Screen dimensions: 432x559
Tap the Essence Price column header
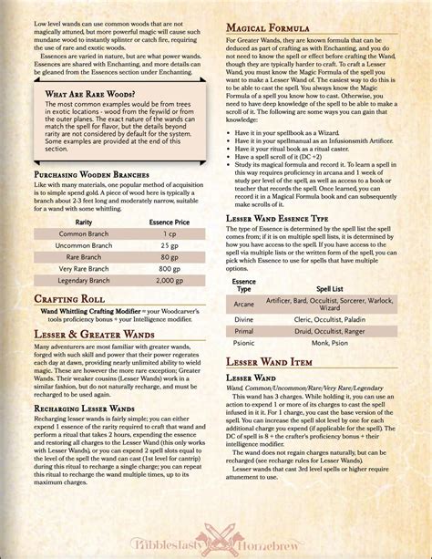[167, 222]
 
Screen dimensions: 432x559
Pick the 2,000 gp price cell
[167, 282]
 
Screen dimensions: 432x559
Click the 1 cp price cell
[167, 233]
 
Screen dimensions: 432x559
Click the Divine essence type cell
[243, 320]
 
